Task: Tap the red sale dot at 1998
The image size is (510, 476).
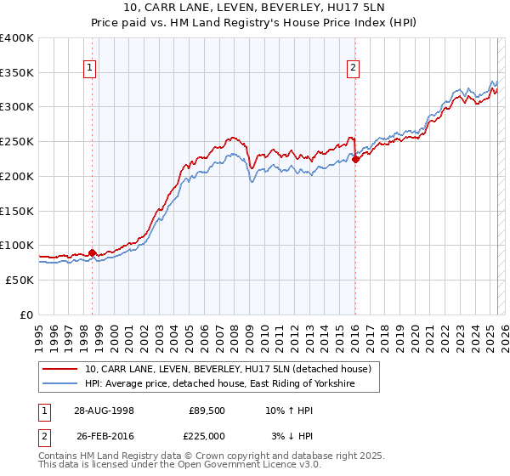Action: click(x=93, y=252)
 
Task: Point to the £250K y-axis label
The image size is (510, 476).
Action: click(x=17, y=141)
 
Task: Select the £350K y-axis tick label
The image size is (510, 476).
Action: click(x=17, y=72)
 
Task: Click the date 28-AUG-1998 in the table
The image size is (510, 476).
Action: click(x=103, y=410)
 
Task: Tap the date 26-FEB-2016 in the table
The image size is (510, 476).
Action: click(x=103, y=436)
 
